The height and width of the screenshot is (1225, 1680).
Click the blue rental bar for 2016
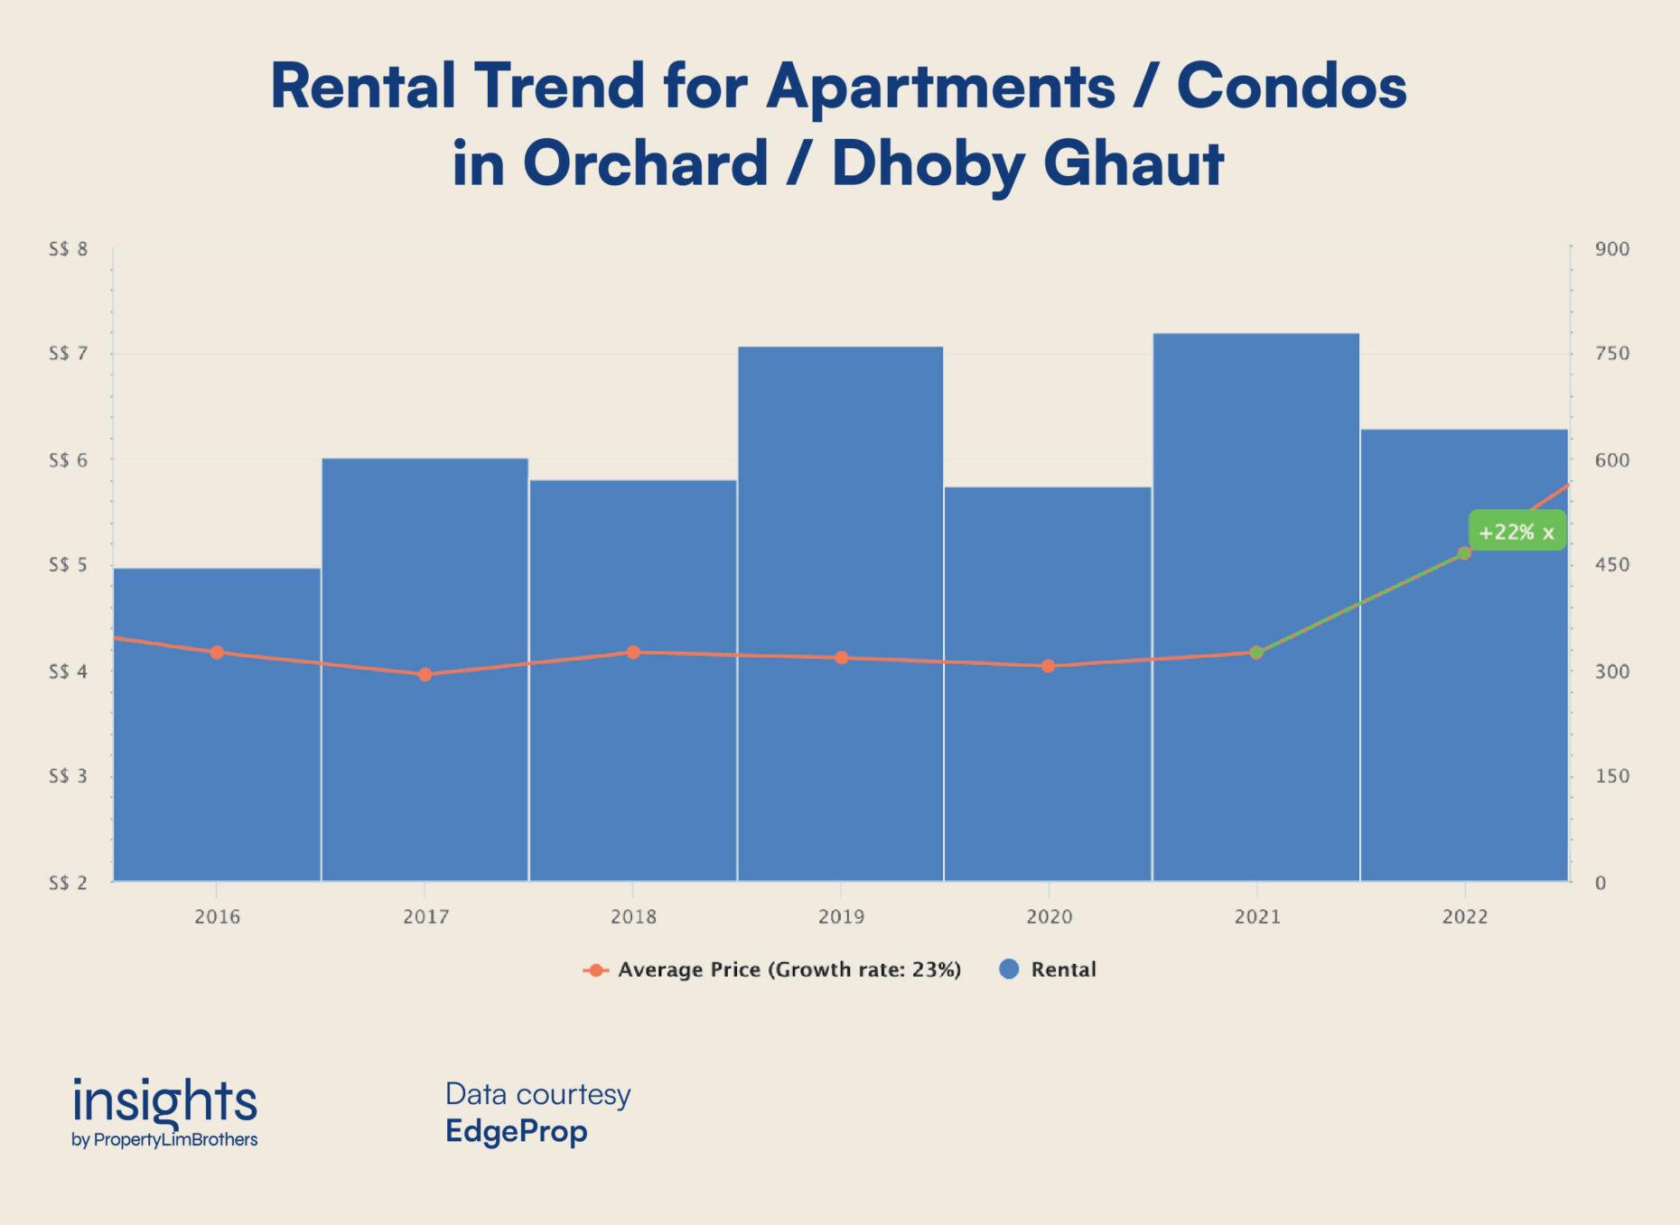pos(217,767)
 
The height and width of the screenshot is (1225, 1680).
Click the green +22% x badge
pos(1517,532)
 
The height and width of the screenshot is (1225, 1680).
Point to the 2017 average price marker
pos(425,674)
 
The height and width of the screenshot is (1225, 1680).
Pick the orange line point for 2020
pos(1048,666)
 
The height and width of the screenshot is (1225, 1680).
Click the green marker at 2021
pos(1256,652)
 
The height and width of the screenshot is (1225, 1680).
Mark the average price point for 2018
pos(633,652)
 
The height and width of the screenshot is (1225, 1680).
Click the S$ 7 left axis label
pos(68,353)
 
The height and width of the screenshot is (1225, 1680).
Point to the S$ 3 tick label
pos(68,776)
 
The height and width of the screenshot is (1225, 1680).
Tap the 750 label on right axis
pos(1612,353)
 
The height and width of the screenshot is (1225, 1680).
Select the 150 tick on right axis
pos(1612,776)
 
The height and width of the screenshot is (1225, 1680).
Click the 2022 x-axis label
pos(1464,917)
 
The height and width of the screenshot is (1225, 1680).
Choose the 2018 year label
pos(633,917)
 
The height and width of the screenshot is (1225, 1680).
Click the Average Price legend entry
pos(789,970)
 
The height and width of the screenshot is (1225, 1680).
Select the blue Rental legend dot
pos(1010,969)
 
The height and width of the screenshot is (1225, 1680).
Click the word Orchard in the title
pos(645,163)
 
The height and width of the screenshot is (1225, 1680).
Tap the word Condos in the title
pos(1291,87)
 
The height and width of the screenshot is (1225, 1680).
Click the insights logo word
pos(164,1102)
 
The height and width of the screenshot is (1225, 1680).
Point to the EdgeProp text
pos(516,1131)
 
